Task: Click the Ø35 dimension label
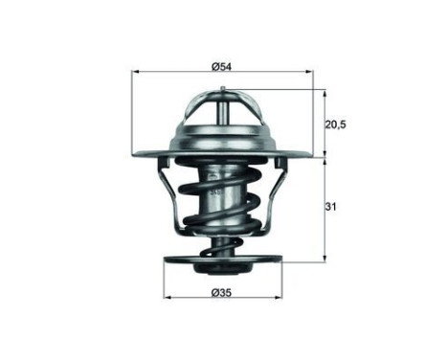[x=223, y=284]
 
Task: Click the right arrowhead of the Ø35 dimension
[x=278, y=293]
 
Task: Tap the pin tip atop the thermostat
[x=222, y=91]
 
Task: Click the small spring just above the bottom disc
[x=222, y=246]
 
